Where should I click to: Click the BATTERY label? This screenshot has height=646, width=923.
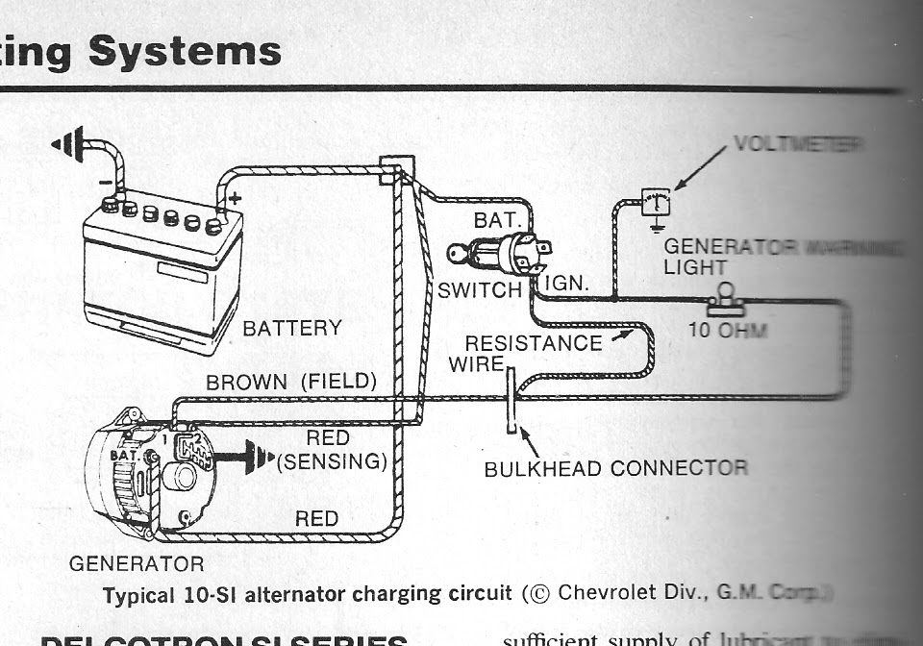click(x=291, y=328)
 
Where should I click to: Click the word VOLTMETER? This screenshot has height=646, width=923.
click(x=797, y=144)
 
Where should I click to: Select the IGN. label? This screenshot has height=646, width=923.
click(x=567, y=286)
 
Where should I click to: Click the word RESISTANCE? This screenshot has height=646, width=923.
click(x=533, y=343)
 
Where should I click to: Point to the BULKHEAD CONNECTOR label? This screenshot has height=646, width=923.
click(x=615, y=469)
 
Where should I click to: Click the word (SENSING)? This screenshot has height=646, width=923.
click(x=332, y=462)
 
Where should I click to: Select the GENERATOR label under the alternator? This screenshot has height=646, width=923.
click(x=137, y=564)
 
